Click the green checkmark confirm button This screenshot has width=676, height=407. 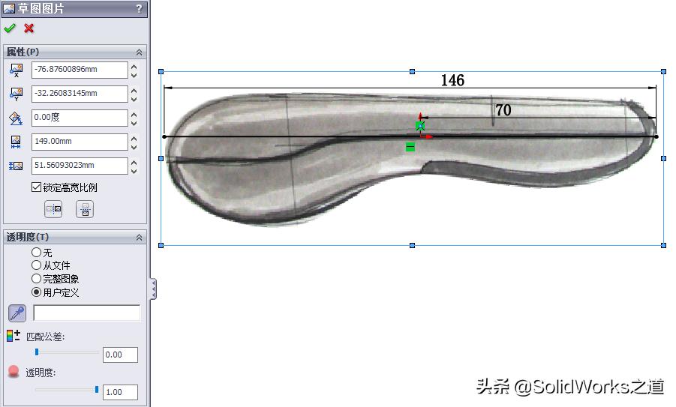tap(10, 28)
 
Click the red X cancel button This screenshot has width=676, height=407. tap(29, 28)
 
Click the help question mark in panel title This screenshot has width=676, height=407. tap(139, 9)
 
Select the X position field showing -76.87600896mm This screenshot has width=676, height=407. tap(79, 70)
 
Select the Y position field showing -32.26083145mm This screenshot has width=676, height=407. tap(79, 94)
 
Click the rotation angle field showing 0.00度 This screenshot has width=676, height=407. tap(79, 118)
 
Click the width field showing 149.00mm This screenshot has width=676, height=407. tap(79, 141)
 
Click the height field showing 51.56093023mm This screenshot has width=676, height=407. tap(79, 165)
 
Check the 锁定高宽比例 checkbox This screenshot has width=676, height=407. tap(37, 187)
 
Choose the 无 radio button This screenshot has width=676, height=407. tap(37, 253)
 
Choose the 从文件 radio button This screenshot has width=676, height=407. tap(37, 265)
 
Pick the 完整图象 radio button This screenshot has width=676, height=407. tap(37, 279)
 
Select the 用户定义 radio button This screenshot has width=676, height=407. tap(37, 292)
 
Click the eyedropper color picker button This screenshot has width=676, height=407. tap(17, 313)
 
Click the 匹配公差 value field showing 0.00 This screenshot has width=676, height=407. tap(120, 355)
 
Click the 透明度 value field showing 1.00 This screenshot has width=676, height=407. tap(120, 392)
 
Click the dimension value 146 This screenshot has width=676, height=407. tap(452, 80)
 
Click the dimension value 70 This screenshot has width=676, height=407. tap(503, 110)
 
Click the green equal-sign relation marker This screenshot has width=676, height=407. tap(410, 147)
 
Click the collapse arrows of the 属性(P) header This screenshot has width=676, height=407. tap(139, 52)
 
